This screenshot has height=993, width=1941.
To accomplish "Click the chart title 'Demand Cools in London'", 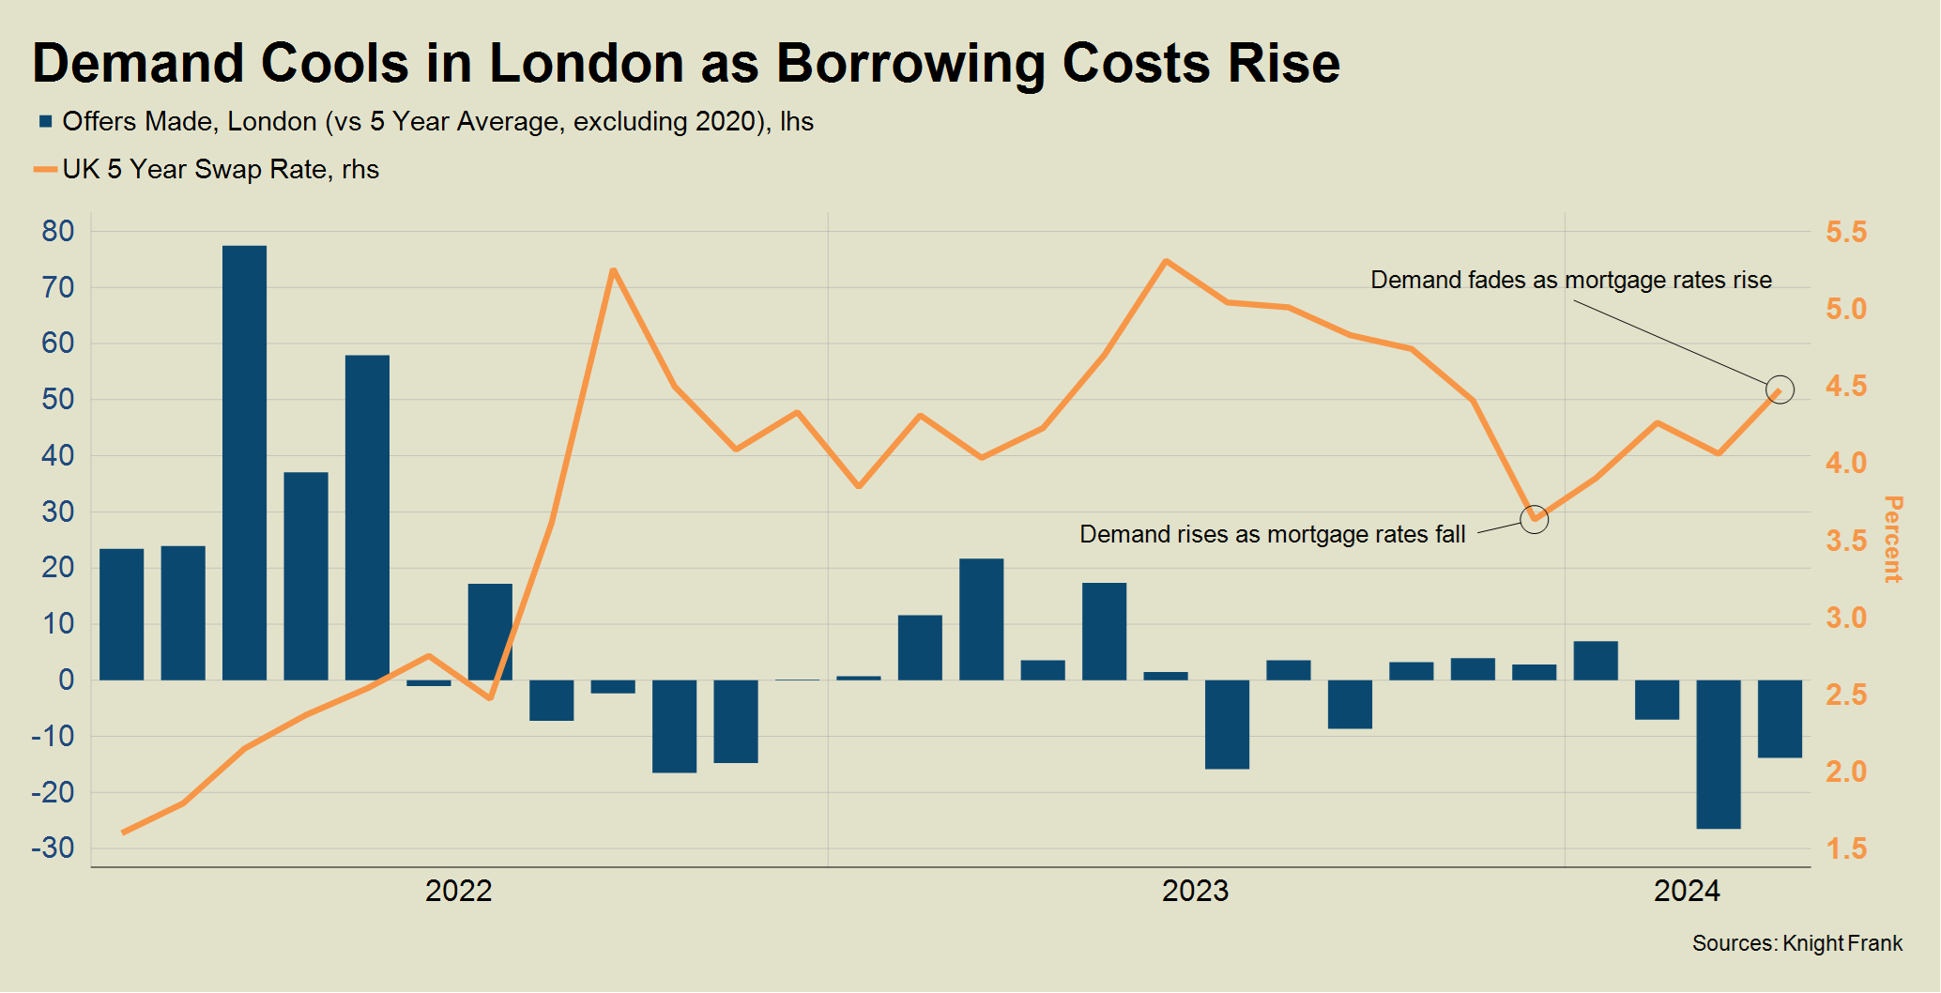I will (685, 64).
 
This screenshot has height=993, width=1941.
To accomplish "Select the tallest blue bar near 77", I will (244, 462).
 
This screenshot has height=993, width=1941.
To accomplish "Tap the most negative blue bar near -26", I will (1718, 754).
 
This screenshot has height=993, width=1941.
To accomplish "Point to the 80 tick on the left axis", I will (58, 232).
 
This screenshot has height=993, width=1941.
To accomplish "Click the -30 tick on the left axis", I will (53, 848).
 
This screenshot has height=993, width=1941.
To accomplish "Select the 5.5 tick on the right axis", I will (1845, 233).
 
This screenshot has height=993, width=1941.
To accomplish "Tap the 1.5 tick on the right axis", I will (1845, 849).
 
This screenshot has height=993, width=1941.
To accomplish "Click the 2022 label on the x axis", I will (458, 891).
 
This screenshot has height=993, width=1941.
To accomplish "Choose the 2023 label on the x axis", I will (1195, 891).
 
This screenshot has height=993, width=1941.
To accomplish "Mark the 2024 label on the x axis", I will (1686, 891).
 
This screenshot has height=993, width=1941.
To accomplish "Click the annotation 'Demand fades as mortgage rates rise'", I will (1570, 281).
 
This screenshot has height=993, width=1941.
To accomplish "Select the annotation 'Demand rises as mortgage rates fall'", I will (1272, 535).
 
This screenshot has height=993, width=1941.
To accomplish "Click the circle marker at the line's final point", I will (1779, 390).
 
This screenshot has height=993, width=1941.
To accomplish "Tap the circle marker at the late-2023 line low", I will (1534, 519).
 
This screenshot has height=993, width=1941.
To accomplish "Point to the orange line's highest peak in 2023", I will (1165, 261).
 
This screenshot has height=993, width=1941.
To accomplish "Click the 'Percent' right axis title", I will (1893, 539).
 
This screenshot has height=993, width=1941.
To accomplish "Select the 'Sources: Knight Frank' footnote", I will (1796, 944).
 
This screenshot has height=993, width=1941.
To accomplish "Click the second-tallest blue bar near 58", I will (367, 516).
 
